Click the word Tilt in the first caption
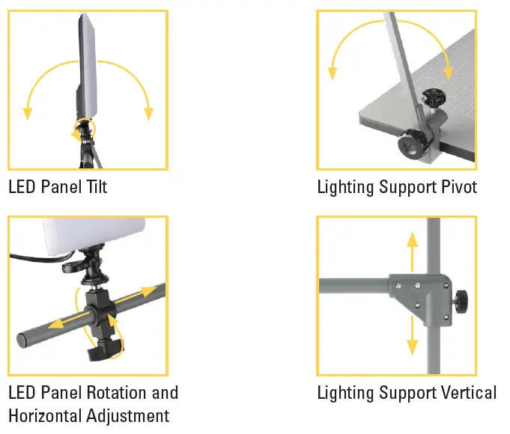tap(95, 186)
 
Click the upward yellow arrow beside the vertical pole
tap(410, 251)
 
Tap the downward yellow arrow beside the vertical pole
tap(411, 337)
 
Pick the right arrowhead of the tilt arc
tap(148, 113)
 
